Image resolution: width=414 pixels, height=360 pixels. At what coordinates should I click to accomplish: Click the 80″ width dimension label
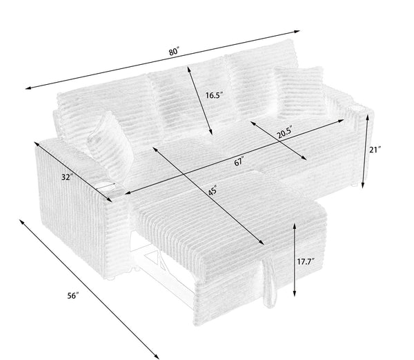point(175,51)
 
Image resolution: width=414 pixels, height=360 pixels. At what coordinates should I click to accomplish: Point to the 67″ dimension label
point(239,163)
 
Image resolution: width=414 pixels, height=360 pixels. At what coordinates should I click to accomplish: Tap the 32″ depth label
point(66,177)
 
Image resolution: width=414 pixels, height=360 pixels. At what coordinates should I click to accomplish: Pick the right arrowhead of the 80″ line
point(299,31)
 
